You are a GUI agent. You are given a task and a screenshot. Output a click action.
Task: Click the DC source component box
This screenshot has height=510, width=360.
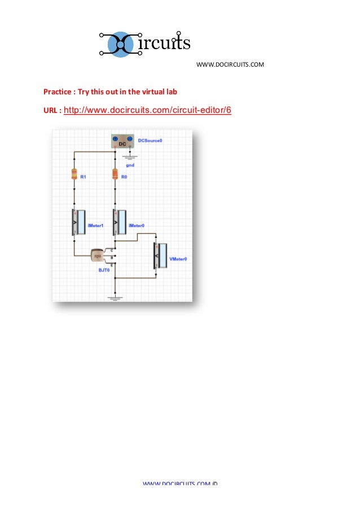click(121, 141)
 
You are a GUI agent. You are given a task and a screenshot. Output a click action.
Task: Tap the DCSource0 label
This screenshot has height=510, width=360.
click(150, 140)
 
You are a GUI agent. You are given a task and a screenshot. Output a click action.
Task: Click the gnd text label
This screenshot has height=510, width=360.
click(130, 165)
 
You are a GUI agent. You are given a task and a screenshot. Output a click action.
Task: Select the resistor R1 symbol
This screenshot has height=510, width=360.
click(74, 174)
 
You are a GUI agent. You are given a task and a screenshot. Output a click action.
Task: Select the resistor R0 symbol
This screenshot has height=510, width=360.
click(115, 174)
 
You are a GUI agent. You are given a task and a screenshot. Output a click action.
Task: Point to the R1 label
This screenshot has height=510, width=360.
click(83, 177)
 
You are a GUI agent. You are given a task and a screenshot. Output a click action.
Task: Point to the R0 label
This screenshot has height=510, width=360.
click(125, 177)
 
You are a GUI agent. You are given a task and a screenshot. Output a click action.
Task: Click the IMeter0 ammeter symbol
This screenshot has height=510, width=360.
click(119, 221)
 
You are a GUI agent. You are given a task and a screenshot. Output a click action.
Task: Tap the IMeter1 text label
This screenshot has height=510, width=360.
click(95, 225)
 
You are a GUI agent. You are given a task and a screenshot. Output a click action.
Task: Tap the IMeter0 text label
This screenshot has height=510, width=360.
click(137, 225)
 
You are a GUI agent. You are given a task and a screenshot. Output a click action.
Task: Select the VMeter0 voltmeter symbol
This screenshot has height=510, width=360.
click(160, 255)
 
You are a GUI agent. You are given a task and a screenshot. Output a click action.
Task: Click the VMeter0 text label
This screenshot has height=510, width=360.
click(178, 259)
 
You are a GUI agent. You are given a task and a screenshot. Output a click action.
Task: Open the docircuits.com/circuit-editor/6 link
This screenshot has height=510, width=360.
click(148, 110)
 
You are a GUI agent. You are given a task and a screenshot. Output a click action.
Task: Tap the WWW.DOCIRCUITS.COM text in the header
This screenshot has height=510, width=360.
click(230, 64)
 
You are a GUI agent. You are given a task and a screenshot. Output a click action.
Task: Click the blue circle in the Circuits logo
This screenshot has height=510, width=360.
click(120, 43)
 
